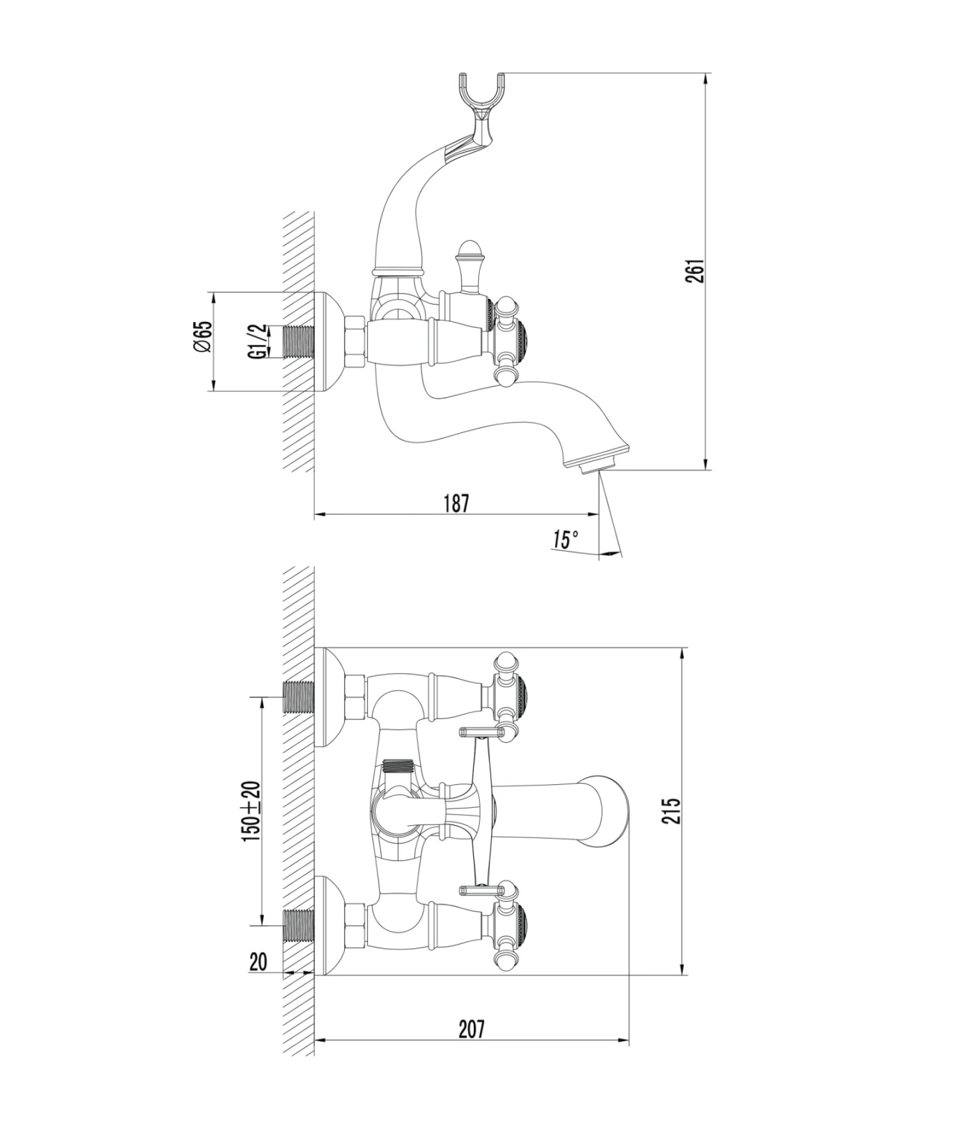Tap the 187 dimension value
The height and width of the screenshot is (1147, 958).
tap(455, 503)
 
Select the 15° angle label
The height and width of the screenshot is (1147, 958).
tap(565, 539)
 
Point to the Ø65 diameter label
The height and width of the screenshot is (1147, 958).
tap(203, 336)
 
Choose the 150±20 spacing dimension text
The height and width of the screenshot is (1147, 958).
tap(251, 810)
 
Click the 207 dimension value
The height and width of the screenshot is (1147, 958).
tap(471, 1029)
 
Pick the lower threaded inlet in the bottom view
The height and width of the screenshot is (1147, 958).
tap(300, 925)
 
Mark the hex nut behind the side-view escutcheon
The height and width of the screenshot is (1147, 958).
tap(356, 342)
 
